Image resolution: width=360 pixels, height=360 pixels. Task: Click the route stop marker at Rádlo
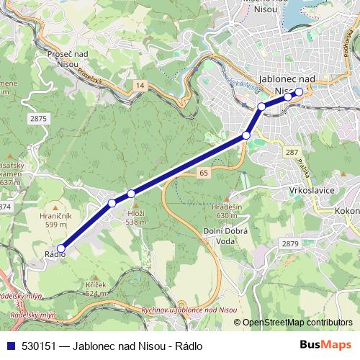click(x=60, y=248)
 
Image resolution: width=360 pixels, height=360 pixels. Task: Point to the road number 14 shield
click(x=139, y=85)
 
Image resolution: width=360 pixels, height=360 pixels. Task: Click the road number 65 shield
click(x=204, y=173)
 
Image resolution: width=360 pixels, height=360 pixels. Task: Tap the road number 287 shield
click(x=292, y=153)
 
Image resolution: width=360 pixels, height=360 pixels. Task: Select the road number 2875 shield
click(x=38, y=117)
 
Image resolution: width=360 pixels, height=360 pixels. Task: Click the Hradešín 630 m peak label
click(x=225, y=210)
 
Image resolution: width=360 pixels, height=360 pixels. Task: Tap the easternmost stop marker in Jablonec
click(x=299, y=91)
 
